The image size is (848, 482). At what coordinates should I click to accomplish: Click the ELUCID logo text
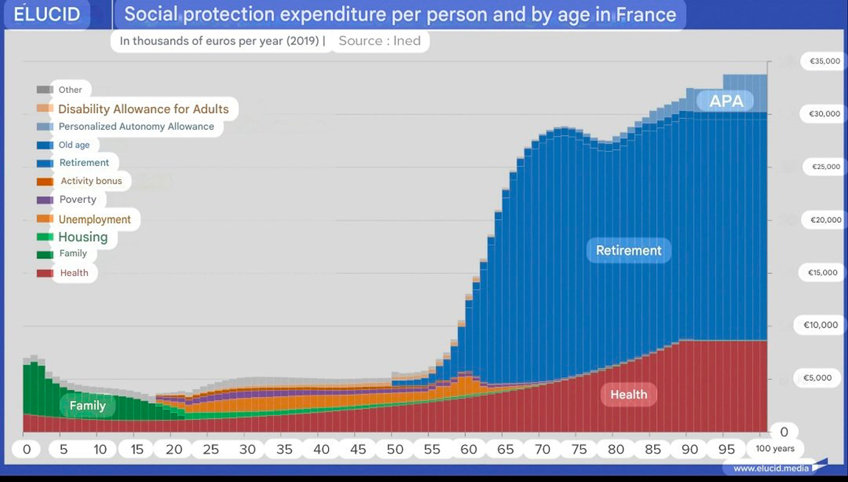click(47, 14)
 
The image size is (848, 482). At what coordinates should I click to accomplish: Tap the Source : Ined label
click(379, 41)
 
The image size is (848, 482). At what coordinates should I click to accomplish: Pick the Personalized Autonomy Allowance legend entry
click(136, 127)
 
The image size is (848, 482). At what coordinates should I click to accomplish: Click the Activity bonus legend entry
click(91, 181)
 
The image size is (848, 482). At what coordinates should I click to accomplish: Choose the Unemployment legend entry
click(94, 219)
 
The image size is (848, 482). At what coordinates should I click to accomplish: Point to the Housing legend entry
click(83, 237)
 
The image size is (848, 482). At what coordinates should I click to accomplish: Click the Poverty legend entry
click(77, 199)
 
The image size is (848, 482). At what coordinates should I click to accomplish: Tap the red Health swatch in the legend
click(45, 273)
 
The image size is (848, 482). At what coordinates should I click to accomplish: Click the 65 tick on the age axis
click(505, 450)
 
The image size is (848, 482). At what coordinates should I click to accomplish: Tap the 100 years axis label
click(774, 449)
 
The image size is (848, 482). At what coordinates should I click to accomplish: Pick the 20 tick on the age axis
click(173, 450)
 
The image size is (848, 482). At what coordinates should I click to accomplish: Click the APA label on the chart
click(726, 101)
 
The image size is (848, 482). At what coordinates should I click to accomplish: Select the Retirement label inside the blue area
click(628, 250)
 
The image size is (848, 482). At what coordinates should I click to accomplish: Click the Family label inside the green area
click(87, 406)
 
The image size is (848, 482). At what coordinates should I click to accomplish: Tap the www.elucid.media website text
click(771, 468)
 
